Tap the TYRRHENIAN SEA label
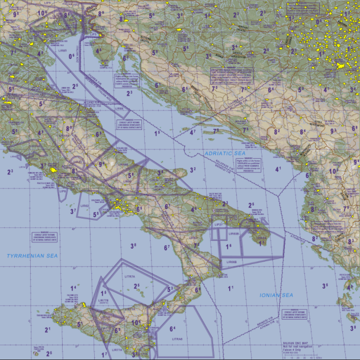[x=32, y=256]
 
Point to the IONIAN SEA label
[x=276, y=295]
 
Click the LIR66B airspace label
[x=231, y=262]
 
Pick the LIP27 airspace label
[x=219, y=224]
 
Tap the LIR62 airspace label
[x=84, y=205]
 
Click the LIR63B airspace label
[x=233, y=234]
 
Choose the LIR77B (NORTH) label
[x=103, y=301]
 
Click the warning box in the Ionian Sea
[x=294, y=314]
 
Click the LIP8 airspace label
[x=64, y=191]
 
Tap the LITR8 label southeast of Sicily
[x=177, y=340]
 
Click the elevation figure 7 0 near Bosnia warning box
[x=214, y=88]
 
